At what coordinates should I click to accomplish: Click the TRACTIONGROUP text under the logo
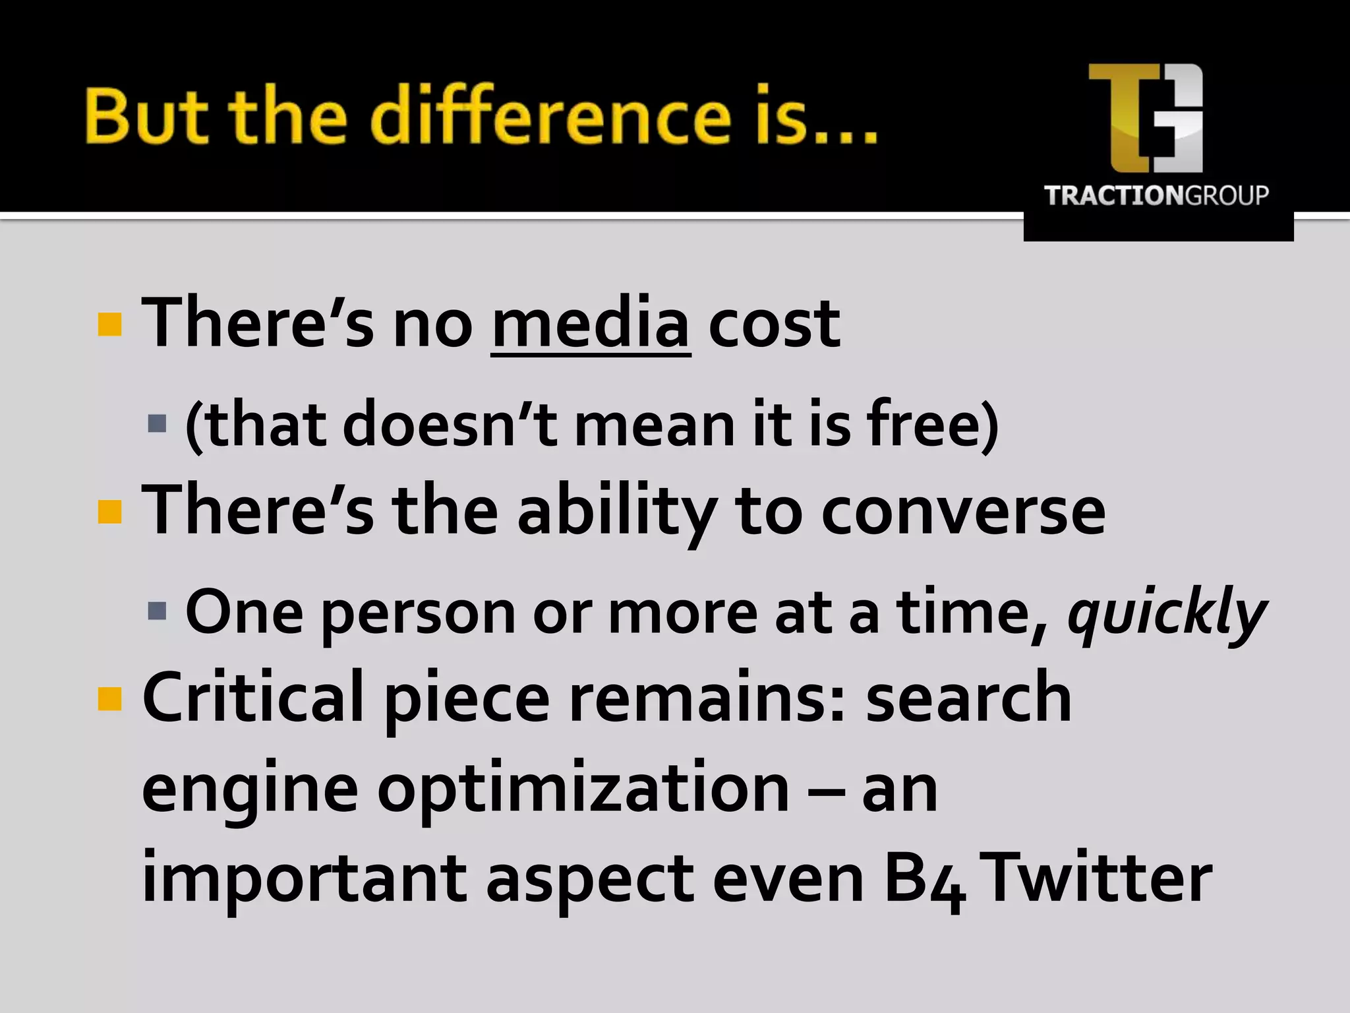pos(1156,196)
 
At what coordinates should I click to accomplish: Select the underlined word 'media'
pos(591,323)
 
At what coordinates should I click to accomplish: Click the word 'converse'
pos(963,512)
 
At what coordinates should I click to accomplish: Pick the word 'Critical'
pos(253,698)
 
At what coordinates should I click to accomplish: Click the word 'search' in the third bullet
pos(968,698)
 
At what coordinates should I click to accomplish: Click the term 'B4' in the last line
pos(924,880)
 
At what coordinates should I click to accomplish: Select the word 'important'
pos(305,880)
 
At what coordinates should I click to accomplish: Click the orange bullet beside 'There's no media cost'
pos(109,324)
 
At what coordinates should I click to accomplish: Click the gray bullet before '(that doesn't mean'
pos(158,423)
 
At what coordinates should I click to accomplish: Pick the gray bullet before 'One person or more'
pos(158,611)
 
